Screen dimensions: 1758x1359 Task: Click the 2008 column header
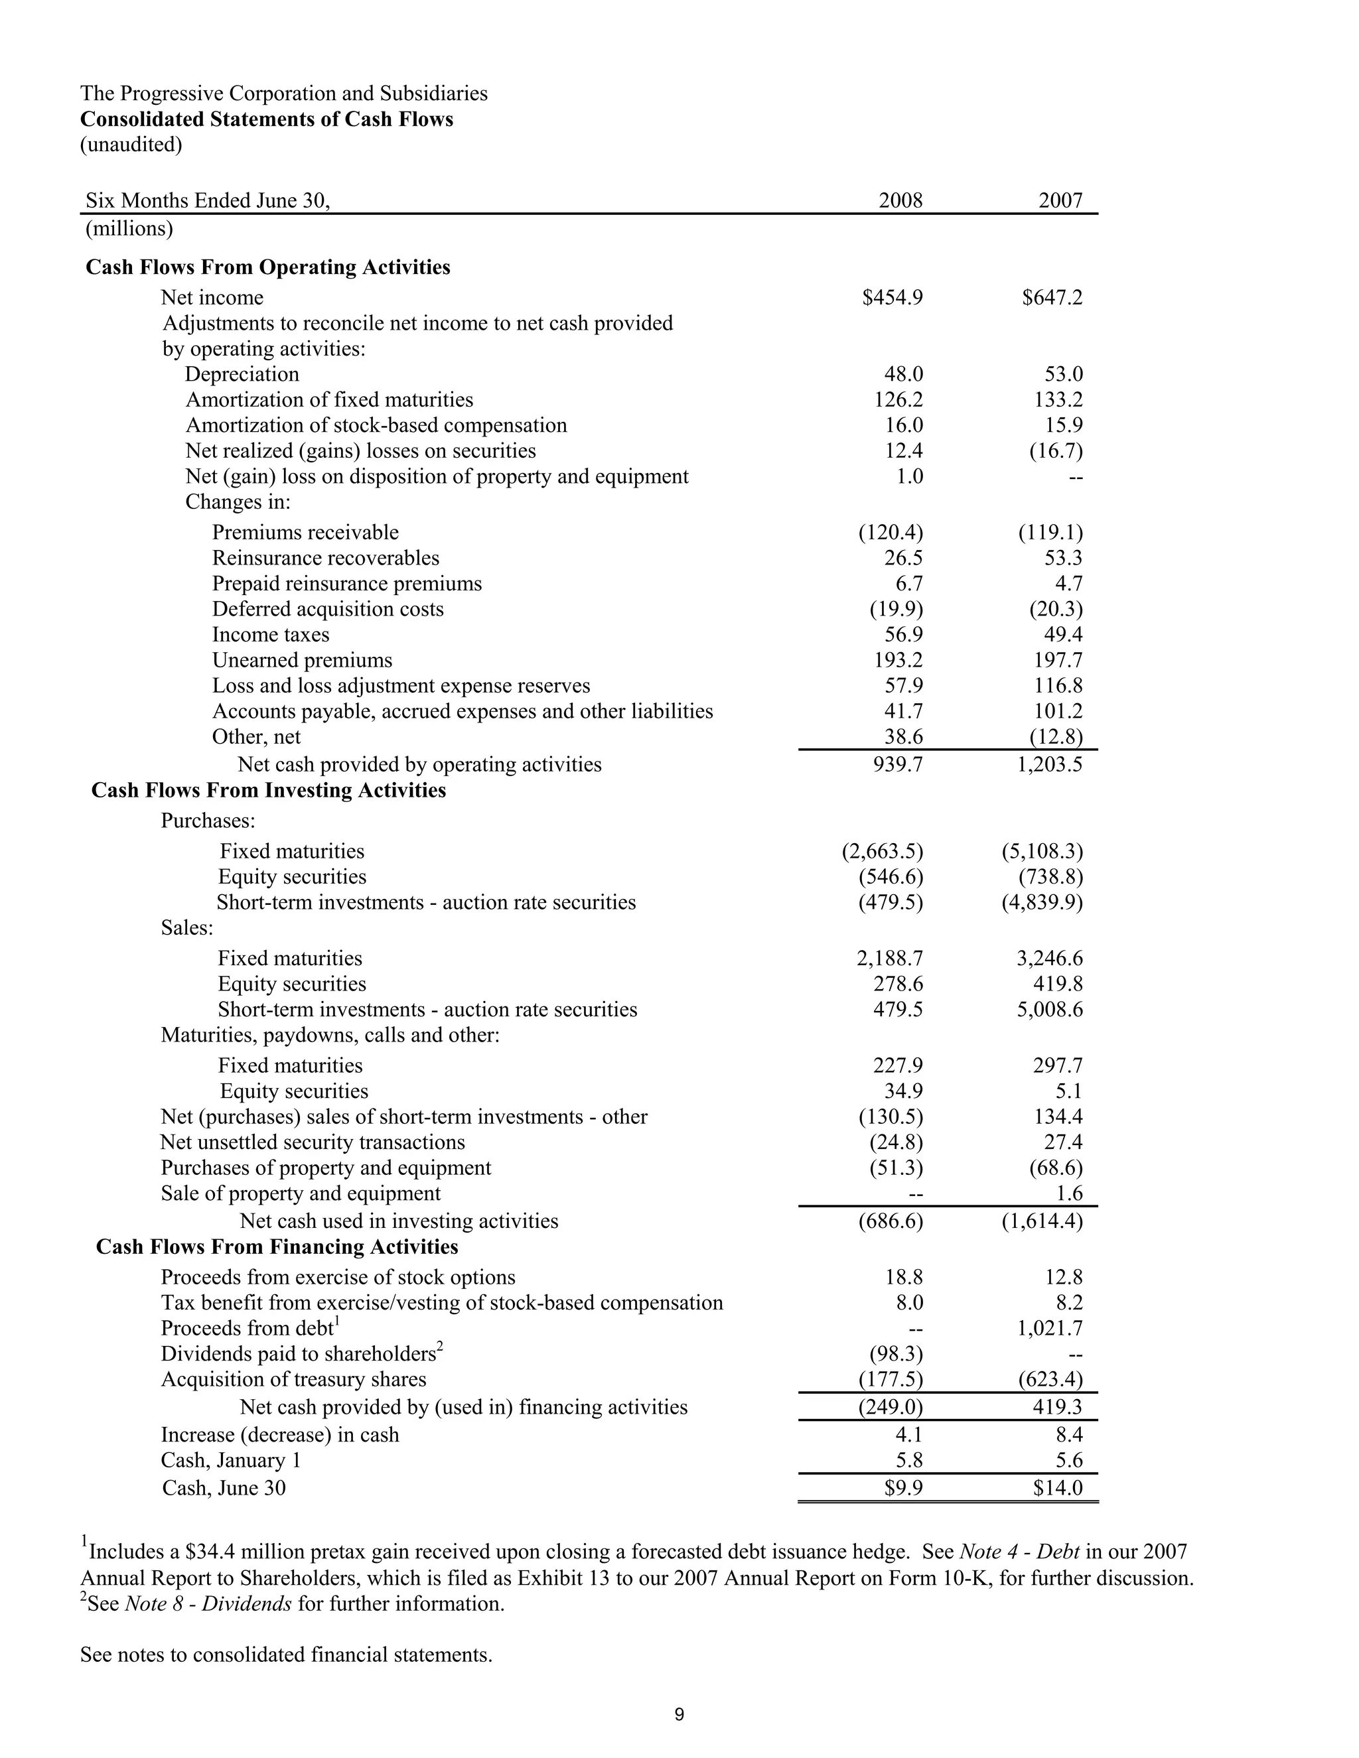(x=900, y=200)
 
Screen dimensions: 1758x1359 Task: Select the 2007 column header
(x=1060, y=200)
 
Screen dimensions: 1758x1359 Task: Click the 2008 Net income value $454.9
(x=892, y=298)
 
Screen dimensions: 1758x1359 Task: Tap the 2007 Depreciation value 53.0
(x=1064, y=374)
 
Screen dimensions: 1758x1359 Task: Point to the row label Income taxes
(x=271, y=635)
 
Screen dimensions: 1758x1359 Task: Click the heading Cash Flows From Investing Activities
(x=268, y=791)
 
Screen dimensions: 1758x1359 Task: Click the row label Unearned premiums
(x=302, y=661)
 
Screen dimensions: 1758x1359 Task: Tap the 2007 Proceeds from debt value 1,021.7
(x=1050, y=1328)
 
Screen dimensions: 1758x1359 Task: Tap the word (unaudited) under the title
(x=131, y=145)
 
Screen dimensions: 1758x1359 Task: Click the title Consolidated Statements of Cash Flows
(x=267, y=119)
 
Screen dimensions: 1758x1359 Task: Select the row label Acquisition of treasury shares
(x=293, y=1380)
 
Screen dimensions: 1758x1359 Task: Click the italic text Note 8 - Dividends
(x=208, y=1604)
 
